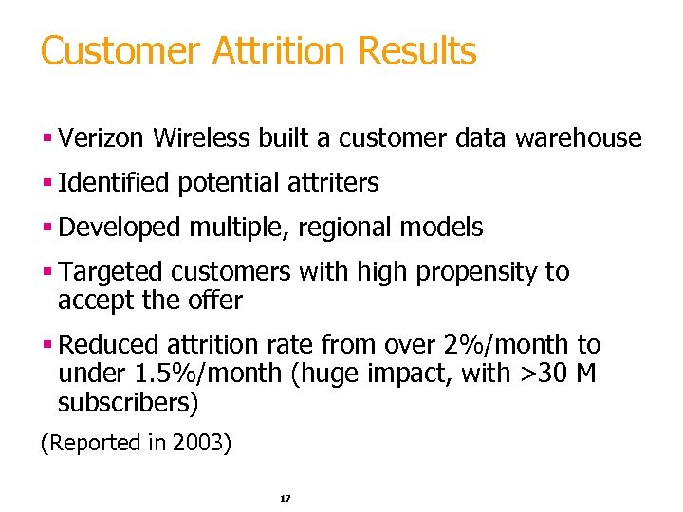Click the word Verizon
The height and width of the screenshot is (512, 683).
[x=102, y=138]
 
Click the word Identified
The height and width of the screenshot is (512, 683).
[x=114, y=183]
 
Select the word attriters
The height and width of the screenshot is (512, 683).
[x=338, y=183]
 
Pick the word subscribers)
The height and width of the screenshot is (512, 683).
[x=129, y=404]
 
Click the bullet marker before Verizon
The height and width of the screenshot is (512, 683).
[x=46, y=138]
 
